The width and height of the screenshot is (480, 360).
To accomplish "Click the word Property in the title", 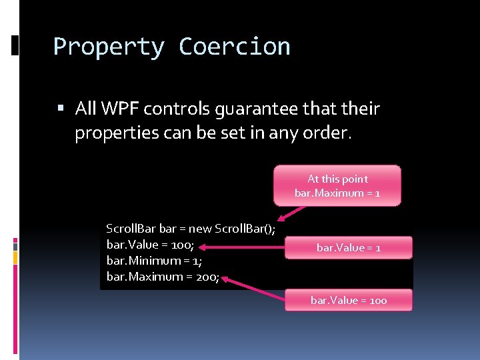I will [109, 47].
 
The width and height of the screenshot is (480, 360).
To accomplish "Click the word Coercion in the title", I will [235, 47].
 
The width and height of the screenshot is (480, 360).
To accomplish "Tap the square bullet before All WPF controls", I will [61, 109].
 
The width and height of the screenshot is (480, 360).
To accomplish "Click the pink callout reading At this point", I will [337, 185].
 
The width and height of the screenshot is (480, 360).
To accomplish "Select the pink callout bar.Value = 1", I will [349, 247].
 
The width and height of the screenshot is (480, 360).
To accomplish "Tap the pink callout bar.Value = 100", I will [349, 301].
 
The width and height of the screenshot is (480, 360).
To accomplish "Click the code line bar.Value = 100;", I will [150, 244].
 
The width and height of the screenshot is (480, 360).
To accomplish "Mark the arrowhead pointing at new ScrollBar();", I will [283, 217].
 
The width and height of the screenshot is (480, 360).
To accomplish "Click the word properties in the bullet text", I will [109, 133].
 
